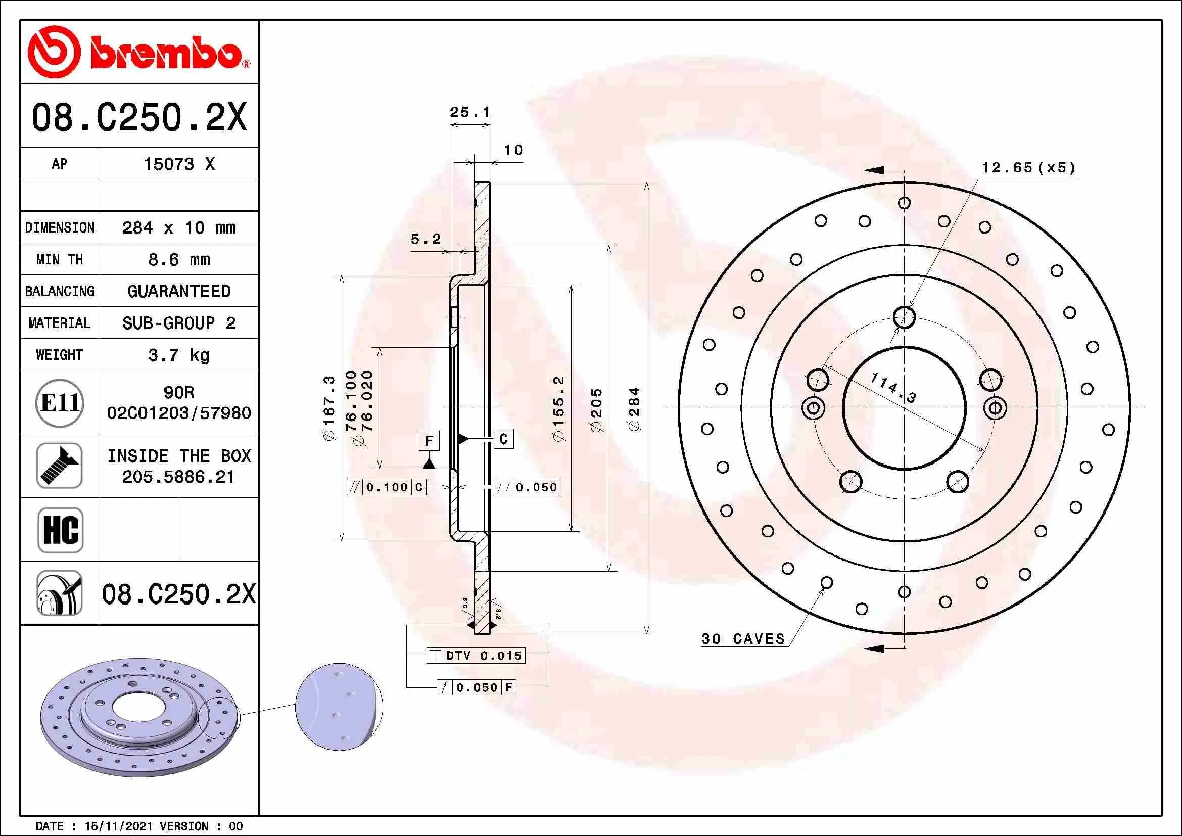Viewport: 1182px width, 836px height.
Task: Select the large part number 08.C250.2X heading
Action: (139, 117)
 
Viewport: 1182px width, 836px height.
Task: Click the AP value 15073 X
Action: (178, 164)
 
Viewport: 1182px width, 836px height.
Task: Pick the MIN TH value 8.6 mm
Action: (178, 259)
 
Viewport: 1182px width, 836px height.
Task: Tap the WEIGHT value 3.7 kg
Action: (178, 355)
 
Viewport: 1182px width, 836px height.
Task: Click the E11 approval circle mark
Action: (60, 402)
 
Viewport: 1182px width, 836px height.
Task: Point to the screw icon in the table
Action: (60, 466)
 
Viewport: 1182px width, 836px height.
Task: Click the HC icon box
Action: (60, 530)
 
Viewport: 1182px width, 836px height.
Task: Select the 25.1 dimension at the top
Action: (469, 112)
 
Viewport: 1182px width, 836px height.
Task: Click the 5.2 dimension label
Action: (425, 239)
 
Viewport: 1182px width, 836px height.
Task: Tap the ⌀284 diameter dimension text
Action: (634, 409)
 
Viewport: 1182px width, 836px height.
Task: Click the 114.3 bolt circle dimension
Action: (893, 388)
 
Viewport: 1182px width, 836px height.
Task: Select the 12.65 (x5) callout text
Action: (1028, 168)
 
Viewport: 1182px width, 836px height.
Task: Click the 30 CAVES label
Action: (743, 639)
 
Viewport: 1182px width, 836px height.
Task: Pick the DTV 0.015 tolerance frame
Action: (476, 656)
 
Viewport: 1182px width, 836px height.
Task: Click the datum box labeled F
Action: (429, 441)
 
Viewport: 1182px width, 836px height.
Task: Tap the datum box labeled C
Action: (503, 439)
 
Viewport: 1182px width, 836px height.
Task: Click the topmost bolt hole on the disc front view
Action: (904, 317)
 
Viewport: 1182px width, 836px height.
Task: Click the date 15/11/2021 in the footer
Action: (118, 827)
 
